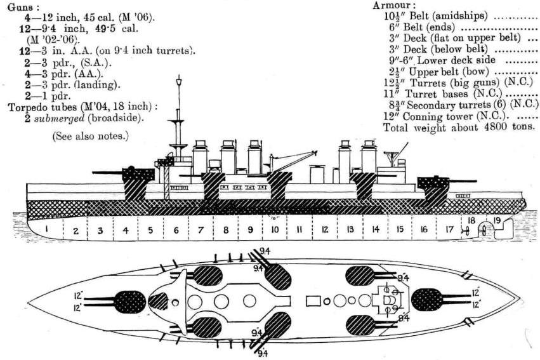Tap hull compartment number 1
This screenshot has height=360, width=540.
pyautogui.click(x=47, y=229)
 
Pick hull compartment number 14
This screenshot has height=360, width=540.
pyautogui.click(x=375, y=229)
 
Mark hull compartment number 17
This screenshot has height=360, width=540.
pyautogui.click(x=449, y=229)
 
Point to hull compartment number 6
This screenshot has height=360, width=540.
pyautogui.click(x=176, y=229)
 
